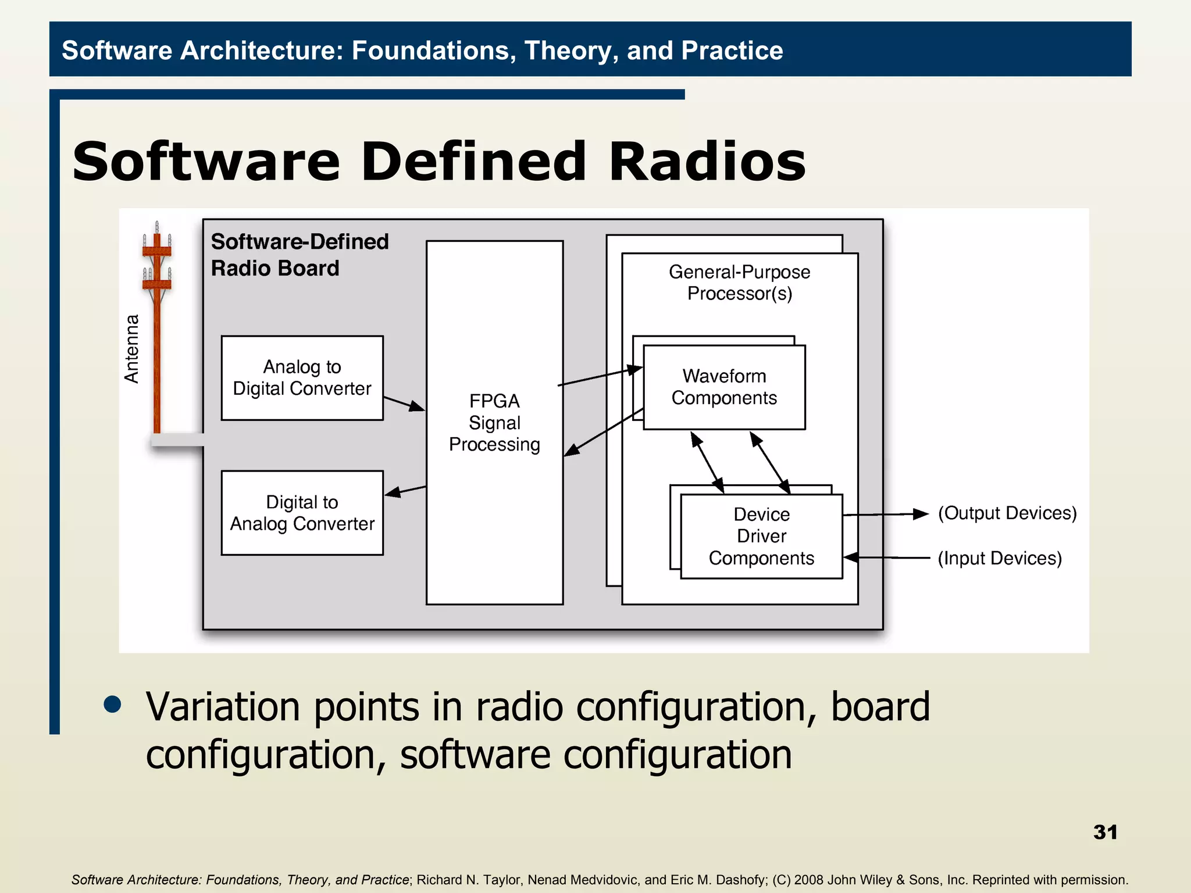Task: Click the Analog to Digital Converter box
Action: [x=302, y=378]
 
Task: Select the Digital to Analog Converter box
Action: [x=302, y=513]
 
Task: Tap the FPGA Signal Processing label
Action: [x=494, y=423]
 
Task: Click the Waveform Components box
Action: [x=724, y=387]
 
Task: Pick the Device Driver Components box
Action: [x=761, y=536]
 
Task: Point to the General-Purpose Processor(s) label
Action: [x=739, y=283]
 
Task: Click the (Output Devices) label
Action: [x=1007, y=513]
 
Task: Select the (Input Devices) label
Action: [x=1000, y=558]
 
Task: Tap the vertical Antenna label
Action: [x=132, y=349]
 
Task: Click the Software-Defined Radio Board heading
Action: [x=299, y=255]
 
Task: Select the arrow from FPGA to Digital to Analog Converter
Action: [x=405, y=491]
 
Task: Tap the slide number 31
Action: [x=1105, y=832]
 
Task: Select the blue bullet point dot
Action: [x=112, y=704]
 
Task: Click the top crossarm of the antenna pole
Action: [x=157, y=251]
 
